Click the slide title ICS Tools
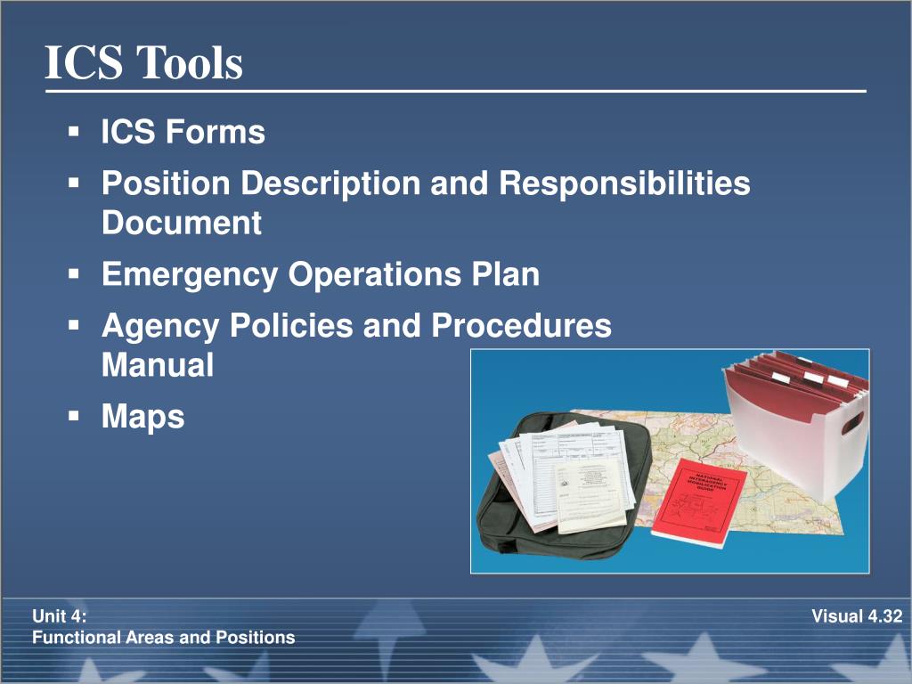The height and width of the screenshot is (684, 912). click(143, 64)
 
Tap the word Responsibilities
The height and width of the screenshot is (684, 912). click(624, 183)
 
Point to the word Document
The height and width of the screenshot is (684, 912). click(182, 223)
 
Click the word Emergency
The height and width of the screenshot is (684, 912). click(190, 274)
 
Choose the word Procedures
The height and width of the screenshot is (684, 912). click(522, 326)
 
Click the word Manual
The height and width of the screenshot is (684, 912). click(158, 365)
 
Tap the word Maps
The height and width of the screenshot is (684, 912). click(143, 417)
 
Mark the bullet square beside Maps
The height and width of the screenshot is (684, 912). click(74, 414)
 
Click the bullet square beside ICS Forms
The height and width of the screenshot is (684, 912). click(74, 132)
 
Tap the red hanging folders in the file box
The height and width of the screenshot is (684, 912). click(802, 374)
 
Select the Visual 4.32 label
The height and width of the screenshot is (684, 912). click(857, 615)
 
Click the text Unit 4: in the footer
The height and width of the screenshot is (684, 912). click(60, 615)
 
